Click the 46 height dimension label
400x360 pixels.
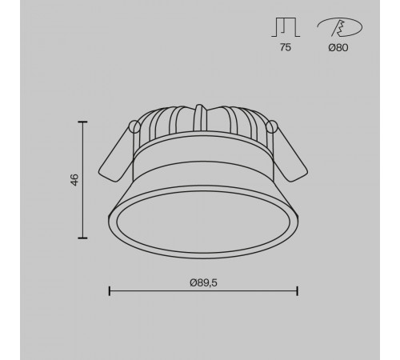coord(74,179)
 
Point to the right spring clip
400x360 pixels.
coord(290,156)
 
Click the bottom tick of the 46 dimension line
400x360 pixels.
coord(84,238)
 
